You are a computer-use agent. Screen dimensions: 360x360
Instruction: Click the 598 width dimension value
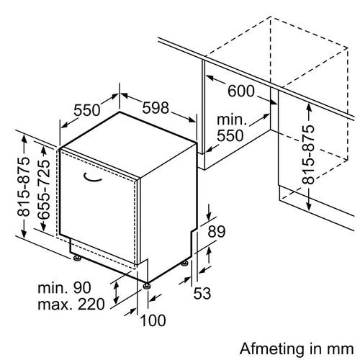click(156, 108)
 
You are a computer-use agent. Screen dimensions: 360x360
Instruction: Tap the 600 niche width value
click(240, 91)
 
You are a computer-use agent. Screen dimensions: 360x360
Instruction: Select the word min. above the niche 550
click(232, 120)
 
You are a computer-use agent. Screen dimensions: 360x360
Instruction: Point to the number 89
click(217, 232)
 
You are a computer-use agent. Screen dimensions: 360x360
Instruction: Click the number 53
click(202, 293)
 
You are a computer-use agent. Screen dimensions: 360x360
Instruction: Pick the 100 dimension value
click(153, 320)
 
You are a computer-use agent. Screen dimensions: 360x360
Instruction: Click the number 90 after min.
click(82, 287)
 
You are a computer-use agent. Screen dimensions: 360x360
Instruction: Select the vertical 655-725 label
click(44, 190)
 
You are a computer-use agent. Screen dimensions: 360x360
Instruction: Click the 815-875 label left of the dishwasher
click(24, 186)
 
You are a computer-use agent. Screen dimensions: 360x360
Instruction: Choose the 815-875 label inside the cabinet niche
click(308, 154)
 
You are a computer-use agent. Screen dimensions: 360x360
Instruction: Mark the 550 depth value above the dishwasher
click(86, 110)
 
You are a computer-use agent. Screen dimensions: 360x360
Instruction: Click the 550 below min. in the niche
click(230, 135)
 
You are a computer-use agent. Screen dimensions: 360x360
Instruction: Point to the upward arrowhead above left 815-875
click(24, 139)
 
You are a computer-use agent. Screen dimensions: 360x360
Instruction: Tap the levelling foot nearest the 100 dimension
click(147, 286)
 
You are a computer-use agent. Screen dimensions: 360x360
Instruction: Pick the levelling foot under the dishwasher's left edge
click(77, 258)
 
